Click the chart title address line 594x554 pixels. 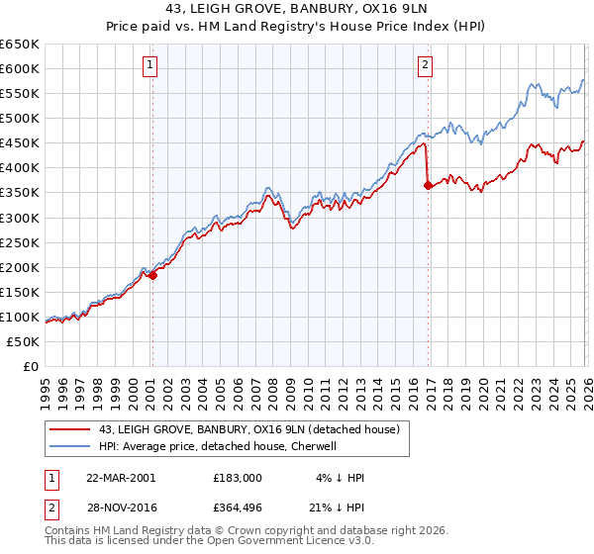pos(297,9)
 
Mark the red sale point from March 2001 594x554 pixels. pos(153,276)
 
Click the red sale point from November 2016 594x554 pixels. pos(428,185)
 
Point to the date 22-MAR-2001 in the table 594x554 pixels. pos(121,478)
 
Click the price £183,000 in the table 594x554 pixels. pos(237,478)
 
